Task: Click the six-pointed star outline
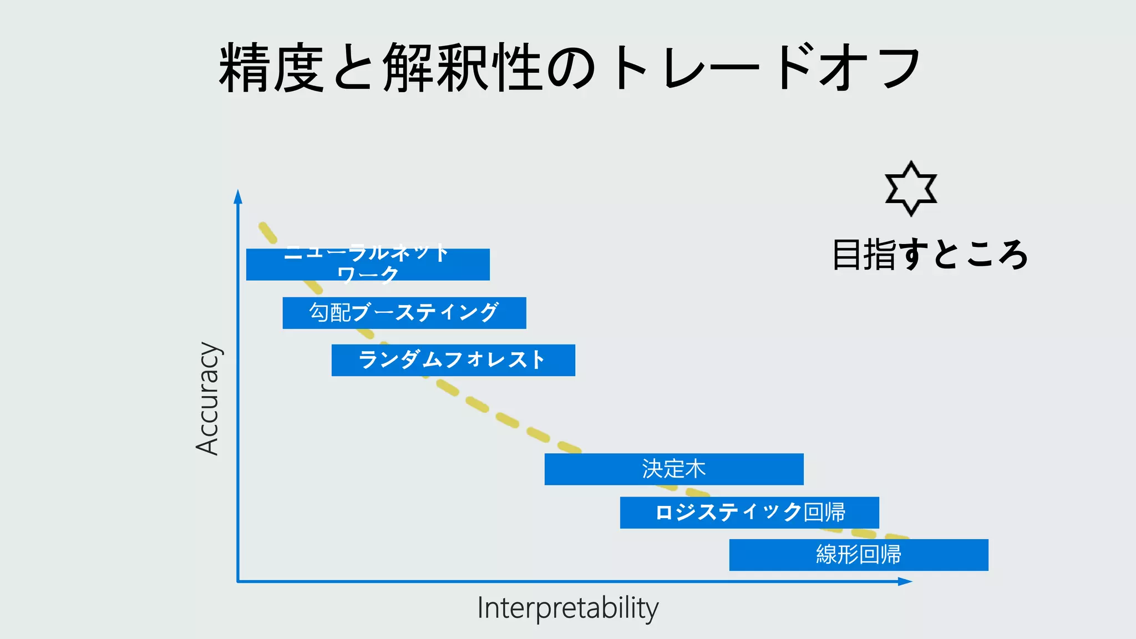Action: point(911,189)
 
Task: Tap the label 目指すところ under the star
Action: point(930,255)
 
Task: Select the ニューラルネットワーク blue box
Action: point(368,265)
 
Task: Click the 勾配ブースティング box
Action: point(404,313)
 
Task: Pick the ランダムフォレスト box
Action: point(453,360)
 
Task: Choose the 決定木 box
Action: point(674,469)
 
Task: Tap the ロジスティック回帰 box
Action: point(749,513)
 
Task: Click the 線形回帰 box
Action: point(859,555)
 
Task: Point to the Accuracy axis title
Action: point(208,398)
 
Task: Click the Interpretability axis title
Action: point(567,608)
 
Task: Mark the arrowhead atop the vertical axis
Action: point(238,196)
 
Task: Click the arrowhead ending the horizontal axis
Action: point(905,581)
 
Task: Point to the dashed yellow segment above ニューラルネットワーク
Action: point(268,233)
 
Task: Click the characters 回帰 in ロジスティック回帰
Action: point(825,513)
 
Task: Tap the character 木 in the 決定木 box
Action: point(695,469)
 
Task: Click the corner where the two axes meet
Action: point(238,581)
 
